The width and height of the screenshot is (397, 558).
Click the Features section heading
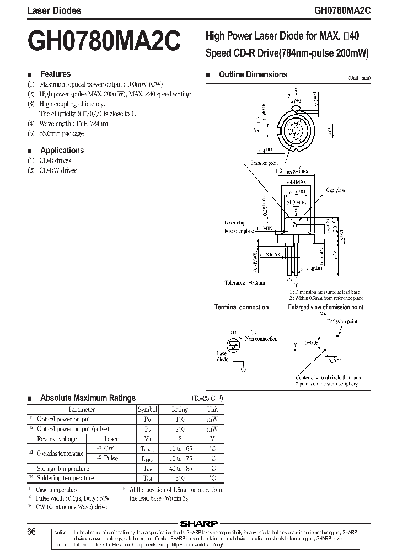pos(55,74)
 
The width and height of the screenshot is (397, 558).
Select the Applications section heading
pos(62,150)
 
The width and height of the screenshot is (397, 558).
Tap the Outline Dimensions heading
pos(253,74)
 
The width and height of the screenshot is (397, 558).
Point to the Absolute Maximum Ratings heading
pos(88,398)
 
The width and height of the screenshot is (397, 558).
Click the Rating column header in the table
pos(180,410)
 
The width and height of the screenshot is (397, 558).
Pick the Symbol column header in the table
pos(148,410)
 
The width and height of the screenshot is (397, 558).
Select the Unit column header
pos(212,410)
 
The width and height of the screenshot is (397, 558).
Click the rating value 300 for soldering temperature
pos(180,479)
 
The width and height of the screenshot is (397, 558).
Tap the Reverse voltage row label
pos(56,439)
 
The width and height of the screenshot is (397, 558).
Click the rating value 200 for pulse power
pos(180,429)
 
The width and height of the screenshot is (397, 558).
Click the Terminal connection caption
pos(242,307)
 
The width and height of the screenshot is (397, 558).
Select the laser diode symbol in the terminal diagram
pos(234,344)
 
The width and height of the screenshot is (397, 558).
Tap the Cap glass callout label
pos(335,190)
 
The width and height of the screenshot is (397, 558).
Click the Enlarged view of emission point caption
pos(325,307)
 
